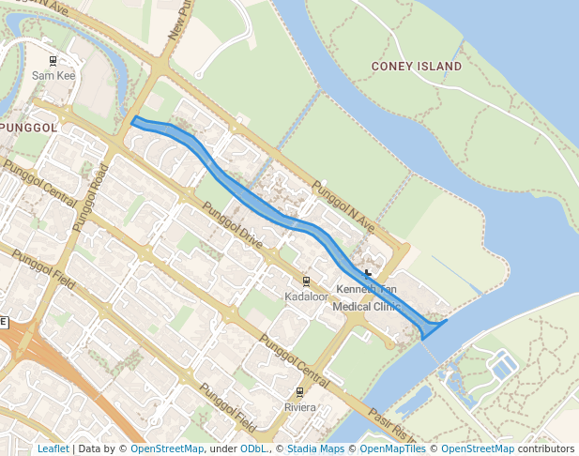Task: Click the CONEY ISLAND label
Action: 417,67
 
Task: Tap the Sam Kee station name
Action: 53,75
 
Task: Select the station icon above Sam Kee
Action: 53,61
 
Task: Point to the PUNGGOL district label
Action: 24,127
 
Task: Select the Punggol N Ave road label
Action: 343,207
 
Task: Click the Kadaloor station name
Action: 305,296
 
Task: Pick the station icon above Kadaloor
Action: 306,281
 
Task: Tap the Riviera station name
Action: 300,407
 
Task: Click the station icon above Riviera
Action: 300,392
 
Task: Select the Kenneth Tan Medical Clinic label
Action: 367,298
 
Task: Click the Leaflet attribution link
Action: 53,448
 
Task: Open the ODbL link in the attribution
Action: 252,448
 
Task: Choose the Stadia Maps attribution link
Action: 314,448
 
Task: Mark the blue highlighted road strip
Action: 282,219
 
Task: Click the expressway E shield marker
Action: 4,322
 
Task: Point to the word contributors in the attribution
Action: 546,448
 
